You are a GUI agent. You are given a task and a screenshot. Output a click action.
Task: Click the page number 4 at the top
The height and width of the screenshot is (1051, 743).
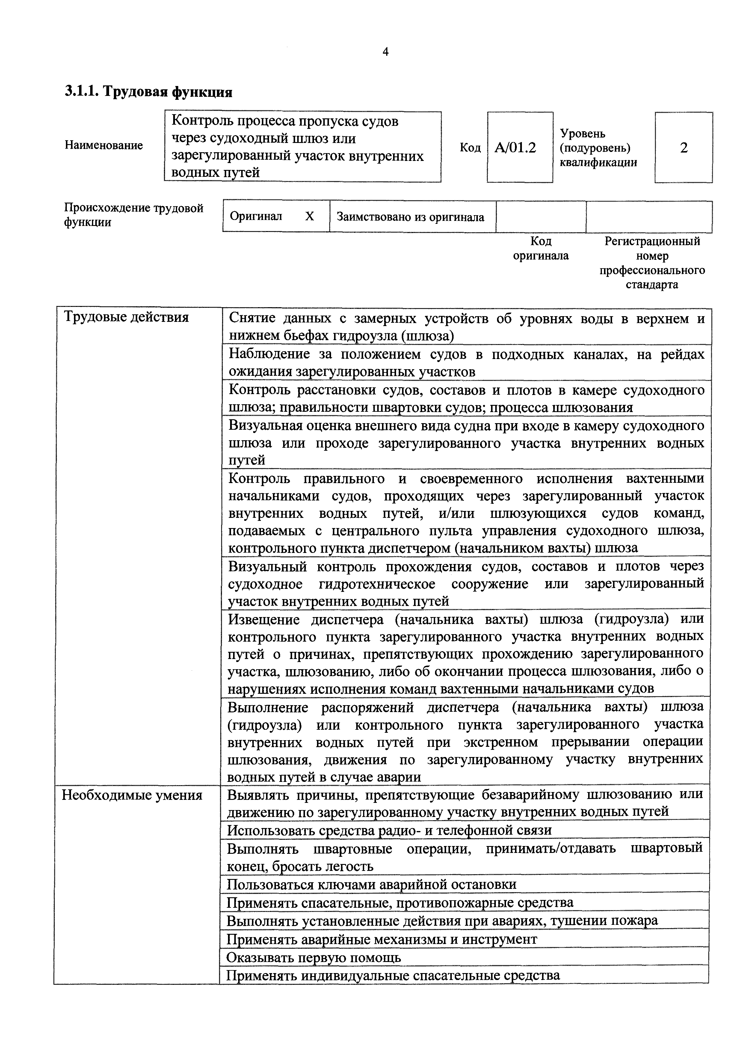(385, 52)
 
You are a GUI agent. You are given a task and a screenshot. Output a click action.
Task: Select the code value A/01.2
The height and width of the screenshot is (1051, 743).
(515, 148)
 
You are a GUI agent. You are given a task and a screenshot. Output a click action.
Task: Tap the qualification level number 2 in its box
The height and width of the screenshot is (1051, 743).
(683, 148)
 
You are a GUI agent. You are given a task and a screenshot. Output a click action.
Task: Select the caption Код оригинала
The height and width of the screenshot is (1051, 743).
(541, 248)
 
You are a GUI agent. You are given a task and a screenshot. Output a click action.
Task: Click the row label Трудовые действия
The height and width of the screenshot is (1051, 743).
(126, 317)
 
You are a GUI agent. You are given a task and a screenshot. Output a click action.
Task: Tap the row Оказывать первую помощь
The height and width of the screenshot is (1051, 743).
(314, 957)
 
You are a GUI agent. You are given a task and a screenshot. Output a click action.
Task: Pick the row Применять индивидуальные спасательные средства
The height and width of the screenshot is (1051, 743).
(393, 975)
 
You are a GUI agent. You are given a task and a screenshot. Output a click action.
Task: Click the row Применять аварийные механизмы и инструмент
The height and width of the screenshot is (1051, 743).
(382, 939)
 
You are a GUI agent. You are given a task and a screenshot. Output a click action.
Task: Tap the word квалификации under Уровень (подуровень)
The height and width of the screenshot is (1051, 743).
(598, 162)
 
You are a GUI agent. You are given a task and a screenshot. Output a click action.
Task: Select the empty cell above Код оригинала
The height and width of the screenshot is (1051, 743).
(541, 216)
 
